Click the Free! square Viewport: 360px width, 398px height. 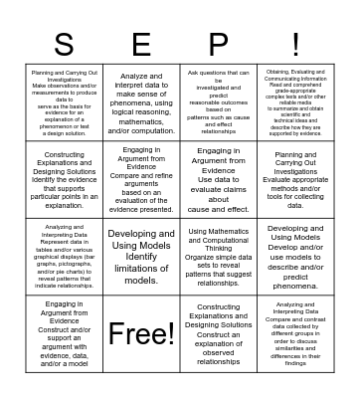(141, 332)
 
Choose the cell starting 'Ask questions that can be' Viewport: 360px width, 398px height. (219, 102)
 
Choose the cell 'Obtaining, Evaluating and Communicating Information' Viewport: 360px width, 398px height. (296, 102)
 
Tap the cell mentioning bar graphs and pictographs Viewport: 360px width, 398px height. (64, 256)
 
